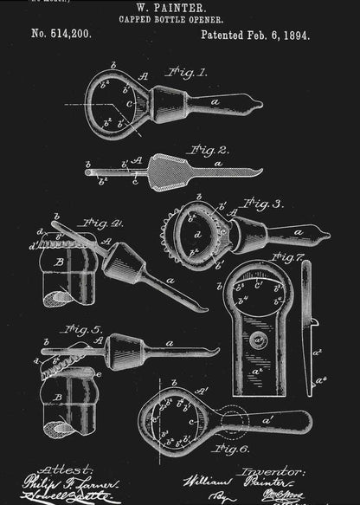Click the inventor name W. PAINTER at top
coord(180,6)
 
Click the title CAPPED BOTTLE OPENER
coord(180,17)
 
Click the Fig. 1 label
coord(188,73)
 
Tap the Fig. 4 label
coord(103,223)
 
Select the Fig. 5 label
coord(83,330)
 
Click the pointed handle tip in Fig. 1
coord(256,106)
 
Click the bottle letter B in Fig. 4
coord(58,260)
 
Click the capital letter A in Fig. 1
coord(144,76)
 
